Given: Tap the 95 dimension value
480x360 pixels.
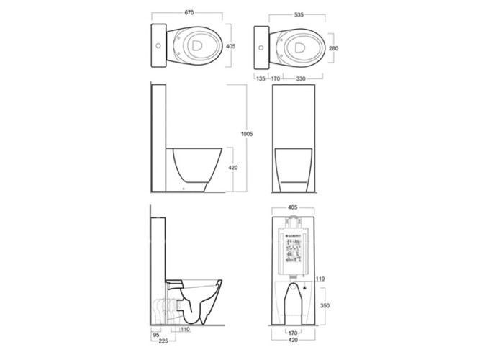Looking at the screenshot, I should click(x=155, y=334).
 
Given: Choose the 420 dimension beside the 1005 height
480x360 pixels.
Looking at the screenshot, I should click(x=233, y=168).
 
